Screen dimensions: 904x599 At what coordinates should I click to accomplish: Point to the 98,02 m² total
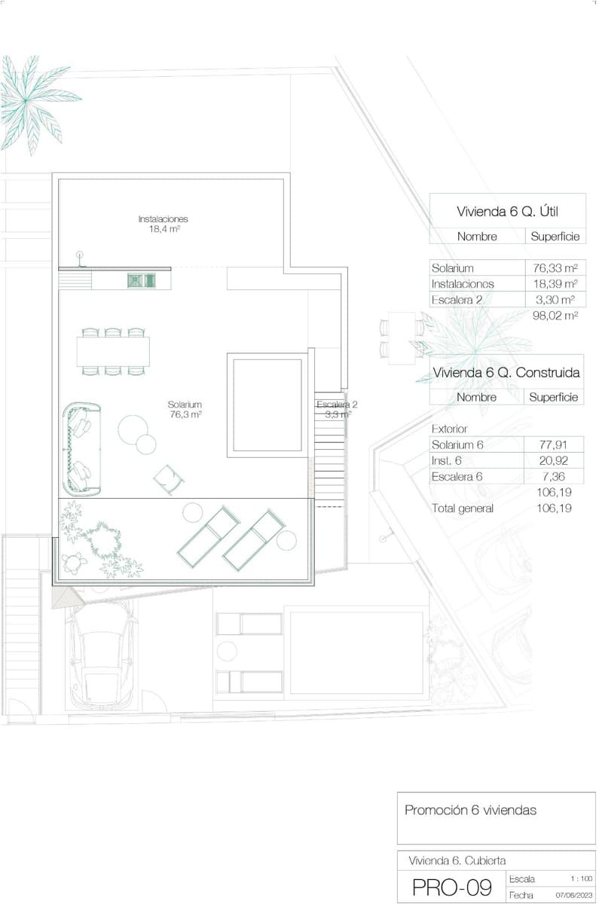[555, 316]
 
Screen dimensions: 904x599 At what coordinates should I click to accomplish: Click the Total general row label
[462, 508]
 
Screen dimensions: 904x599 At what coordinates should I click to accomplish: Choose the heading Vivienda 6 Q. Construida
[506, 372]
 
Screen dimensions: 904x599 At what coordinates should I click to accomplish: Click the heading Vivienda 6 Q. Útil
[507, 212]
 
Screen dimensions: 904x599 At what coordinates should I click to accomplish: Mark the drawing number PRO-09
[452, 887]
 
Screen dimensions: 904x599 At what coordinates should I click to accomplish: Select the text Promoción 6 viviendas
[471, 811]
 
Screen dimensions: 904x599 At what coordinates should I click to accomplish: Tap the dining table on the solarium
[113, 351]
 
